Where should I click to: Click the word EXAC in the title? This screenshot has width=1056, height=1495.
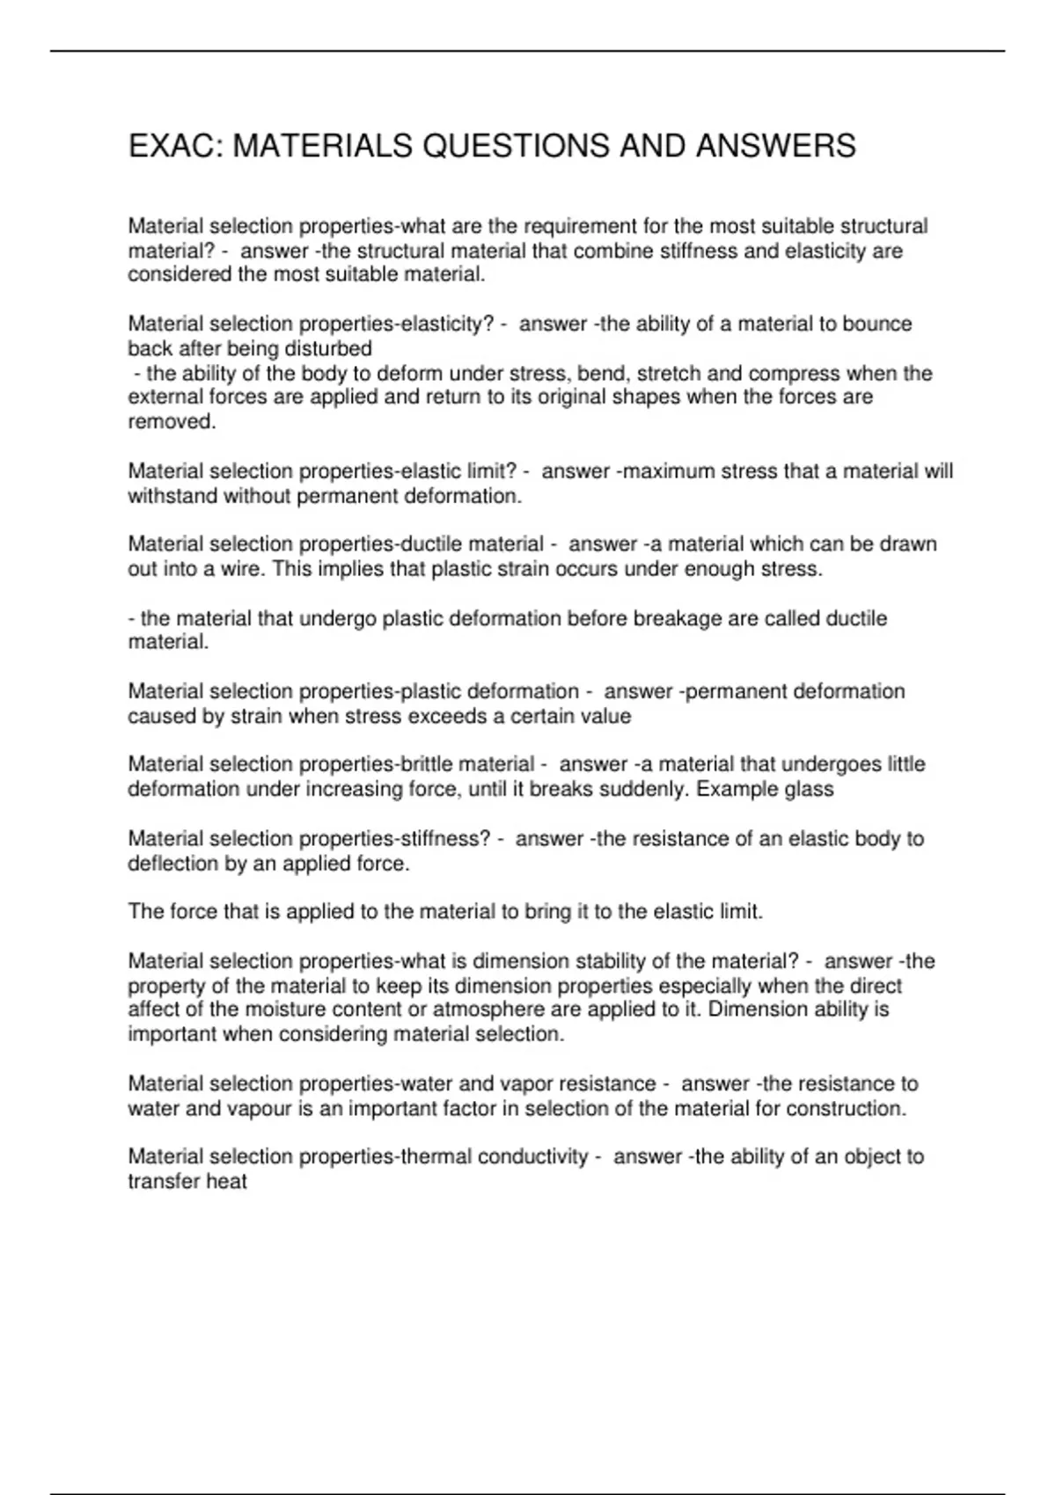coord(172,146)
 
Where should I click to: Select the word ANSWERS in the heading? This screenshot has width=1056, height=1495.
coord(775,146)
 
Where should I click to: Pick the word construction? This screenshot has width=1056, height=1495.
coord(846,1108)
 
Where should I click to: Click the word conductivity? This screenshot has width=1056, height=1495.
coord(532,1156)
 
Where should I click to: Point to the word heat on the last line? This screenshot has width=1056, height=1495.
coord(226,1181)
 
